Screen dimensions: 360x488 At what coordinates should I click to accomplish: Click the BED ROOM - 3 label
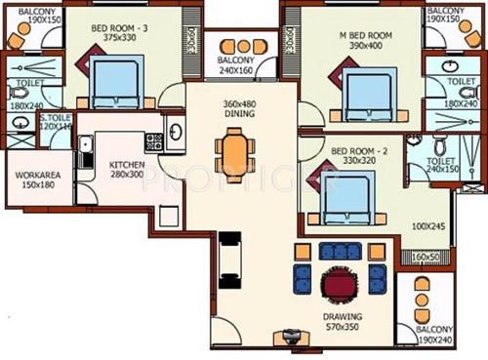pos(119,28)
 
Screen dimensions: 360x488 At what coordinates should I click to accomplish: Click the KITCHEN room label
pos(127,165)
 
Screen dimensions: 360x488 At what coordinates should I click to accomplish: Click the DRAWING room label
pos(342,317)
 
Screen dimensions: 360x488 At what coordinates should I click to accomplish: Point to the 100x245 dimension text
pos(426,226)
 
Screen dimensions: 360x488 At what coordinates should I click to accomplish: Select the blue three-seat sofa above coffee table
pos(340,252)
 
